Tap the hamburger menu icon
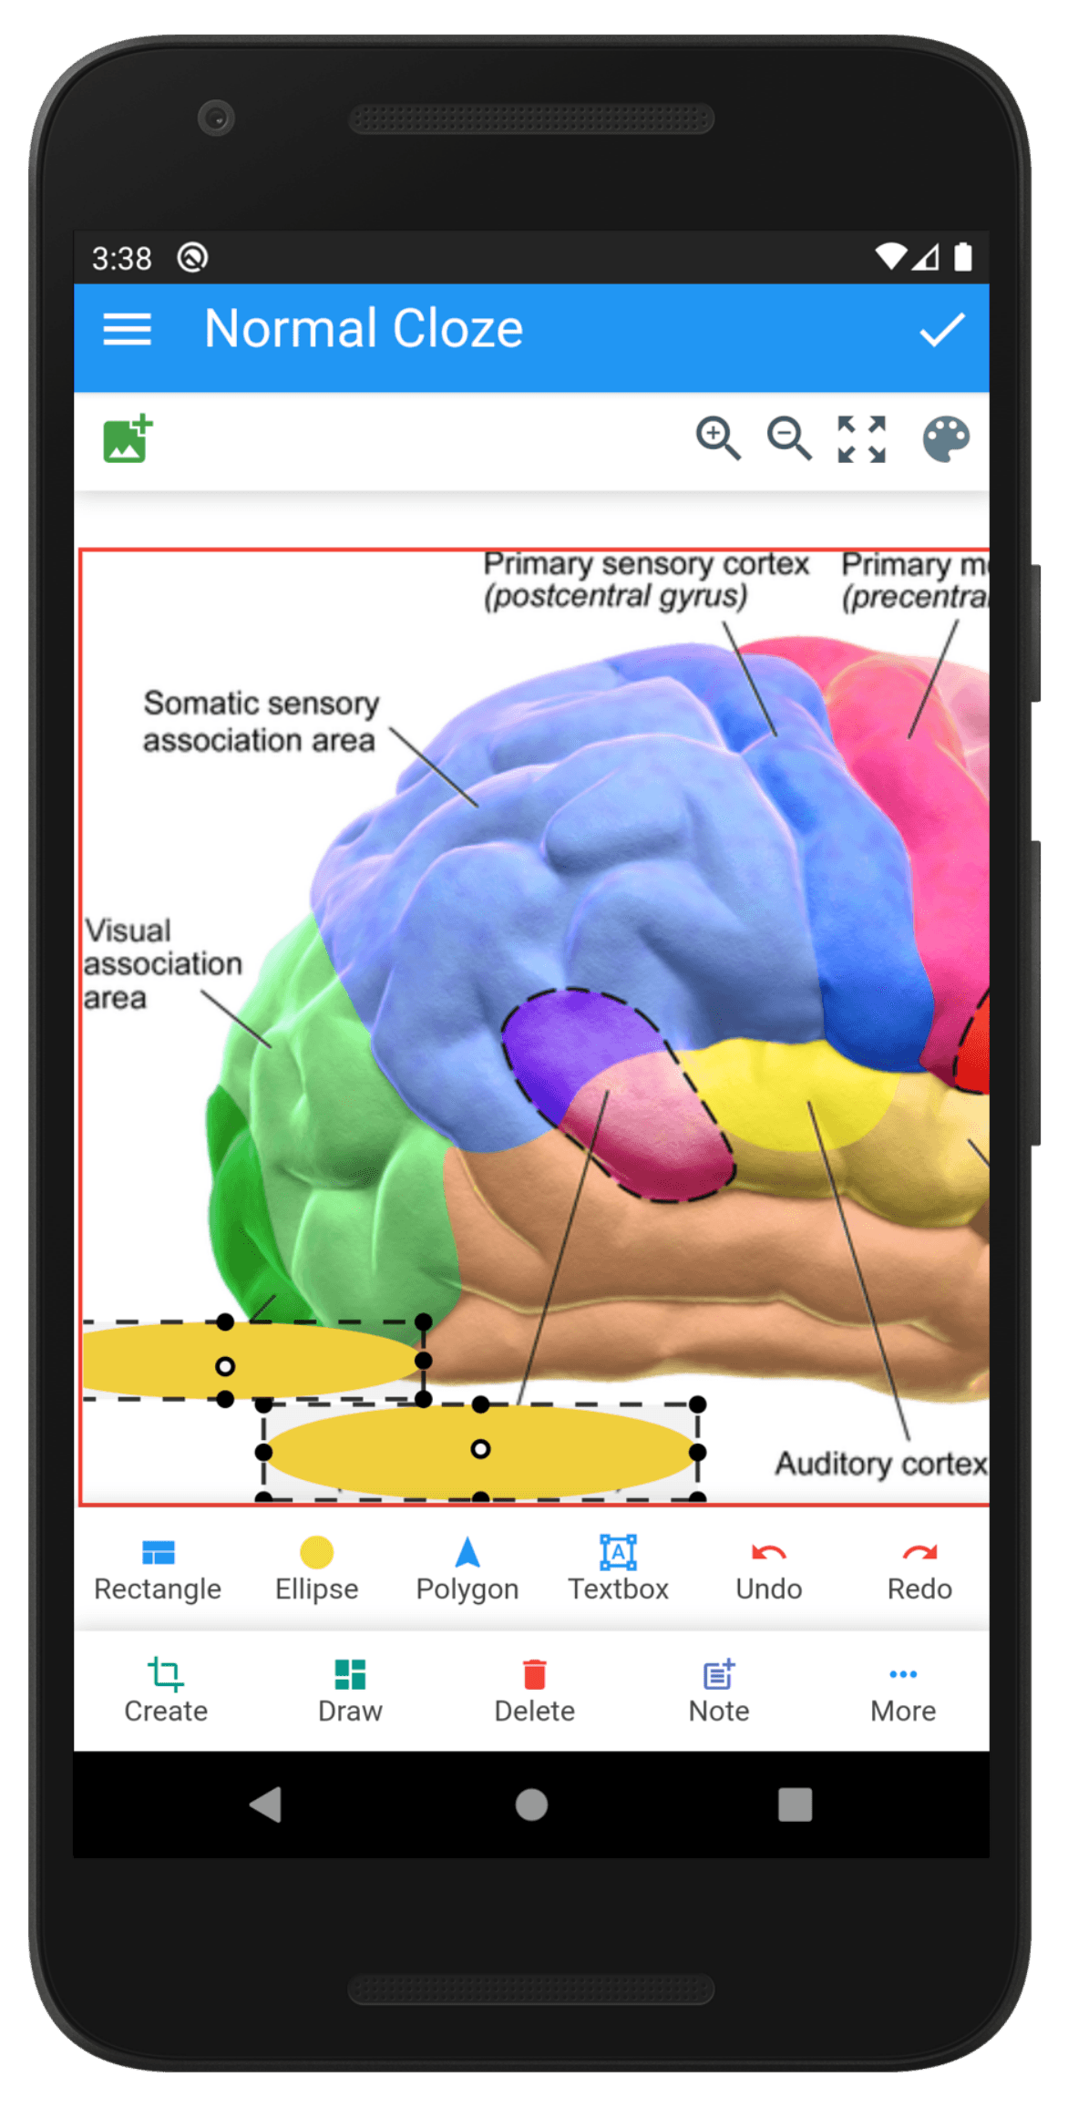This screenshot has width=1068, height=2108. [x=127, y=329]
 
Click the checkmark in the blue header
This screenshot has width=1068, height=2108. [x=941, y=329]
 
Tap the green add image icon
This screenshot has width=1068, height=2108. [x=128, y=439]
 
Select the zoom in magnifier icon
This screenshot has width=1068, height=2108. [x=718, y=438]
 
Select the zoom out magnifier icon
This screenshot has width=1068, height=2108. [x=789, y=438]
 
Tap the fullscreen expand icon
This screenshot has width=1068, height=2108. [x=861, y=439]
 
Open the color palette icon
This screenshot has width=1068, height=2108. [x=946, y=439]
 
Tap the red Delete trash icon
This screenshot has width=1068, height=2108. [x=534, y=1674]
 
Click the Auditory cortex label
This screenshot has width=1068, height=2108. [x=881, y=1464]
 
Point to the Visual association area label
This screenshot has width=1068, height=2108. [x=163, y=964]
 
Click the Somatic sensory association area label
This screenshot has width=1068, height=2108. [x=261, y=722]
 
